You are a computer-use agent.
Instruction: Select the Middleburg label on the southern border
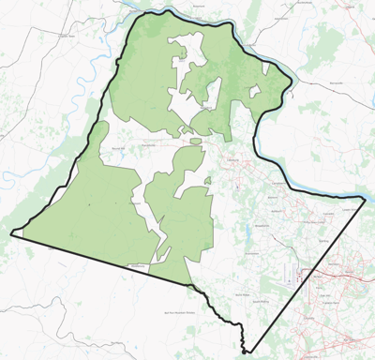tap(135, 267)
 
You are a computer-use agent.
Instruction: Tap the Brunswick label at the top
tap(198, 7)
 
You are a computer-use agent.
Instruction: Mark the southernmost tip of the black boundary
tap(243, 352)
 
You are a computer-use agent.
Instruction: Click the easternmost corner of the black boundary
tap(366, 199)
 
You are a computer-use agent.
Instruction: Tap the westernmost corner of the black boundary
tap(11, 234)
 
